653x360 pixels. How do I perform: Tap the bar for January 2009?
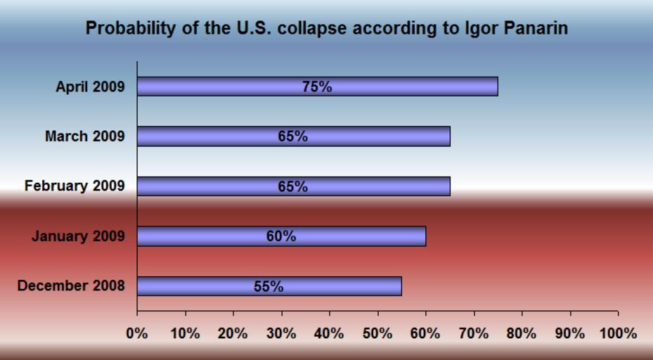tap(351, 236)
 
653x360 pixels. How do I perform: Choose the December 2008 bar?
tap(337, 286)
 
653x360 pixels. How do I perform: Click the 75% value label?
tap(317, 86)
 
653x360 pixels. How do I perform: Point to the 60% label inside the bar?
tap(280, 236)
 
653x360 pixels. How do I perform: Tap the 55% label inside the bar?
tap(269, 286)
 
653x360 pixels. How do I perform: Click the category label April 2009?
tap(90, 87)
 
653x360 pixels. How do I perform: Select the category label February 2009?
tap(75, 186)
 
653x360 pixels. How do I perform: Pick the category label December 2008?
tap(71, 286)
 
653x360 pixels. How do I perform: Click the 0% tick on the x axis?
tap(137, 333)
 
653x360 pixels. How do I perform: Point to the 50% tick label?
tap(377, 333)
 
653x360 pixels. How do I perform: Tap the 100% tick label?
tap(619, 333)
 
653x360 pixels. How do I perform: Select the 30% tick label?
tap(281, 333)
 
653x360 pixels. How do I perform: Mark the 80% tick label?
tap(522, 333)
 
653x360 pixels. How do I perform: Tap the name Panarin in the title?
tap(536, 29)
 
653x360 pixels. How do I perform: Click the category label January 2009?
tap(78, 236)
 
